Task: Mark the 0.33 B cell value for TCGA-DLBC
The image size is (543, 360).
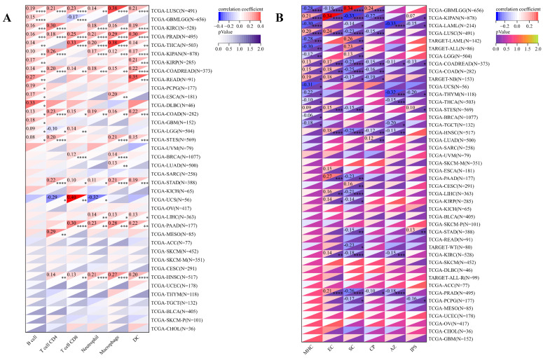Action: click(32, 104)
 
